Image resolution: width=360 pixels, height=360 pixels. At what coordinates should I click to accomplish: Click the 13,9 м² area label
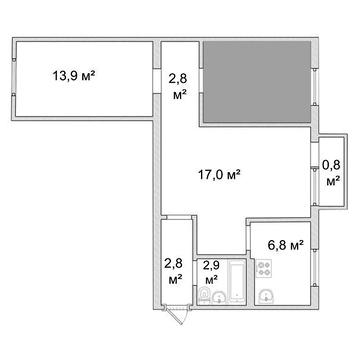(74, 76)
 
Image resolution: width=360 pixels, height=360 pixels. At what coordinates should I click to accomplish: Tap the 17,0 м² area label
(220, 174)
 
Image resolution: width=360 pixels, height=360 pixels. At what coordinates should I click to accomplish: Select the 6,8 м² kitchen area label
(286, 246)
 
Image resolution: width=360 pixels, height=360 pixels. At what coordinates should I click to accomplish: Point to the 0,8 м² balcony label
(333, 173)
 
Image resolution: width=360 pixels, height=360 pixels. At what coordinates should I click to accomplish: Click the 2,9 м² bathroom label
(211, 272)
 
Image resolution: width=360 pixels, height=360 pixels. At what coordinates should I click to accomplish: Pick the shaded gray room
(257, 82)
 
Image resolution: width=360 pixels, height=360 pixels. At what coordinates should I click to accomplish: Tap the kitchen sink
(266, 296)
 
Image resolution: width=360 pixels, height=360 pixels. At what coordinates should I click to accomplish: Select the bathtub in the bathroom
(237, 282)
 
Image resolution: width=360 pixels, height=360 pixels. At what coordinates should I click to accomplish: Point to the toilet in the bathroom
(203, 295)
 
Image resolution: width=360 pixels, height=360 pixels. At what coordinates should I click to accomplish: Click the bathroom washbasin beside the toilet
(219, 297)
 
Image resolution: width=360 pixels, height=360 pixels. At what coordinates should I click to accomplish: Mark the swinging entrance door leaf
(177, 316)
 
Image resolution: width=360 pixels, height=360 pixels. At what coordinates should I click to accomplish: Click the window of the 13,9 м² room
(14, 77)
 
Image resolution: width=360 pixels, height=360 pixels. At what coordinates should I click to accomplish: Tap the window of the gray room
(315, 87)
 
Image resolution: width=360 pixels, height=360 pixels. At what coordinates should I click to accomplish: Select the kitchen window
(314, 268)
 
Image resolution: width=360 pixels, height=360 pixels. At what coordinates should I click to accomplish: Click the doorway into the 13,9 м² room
(157, 81)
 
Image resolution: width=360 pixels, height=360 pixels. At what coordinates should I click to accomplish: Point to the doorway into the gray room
(201, 81)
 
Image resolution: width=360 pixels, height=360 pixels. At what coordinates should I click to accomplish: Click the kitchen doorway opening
(248, 237)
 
